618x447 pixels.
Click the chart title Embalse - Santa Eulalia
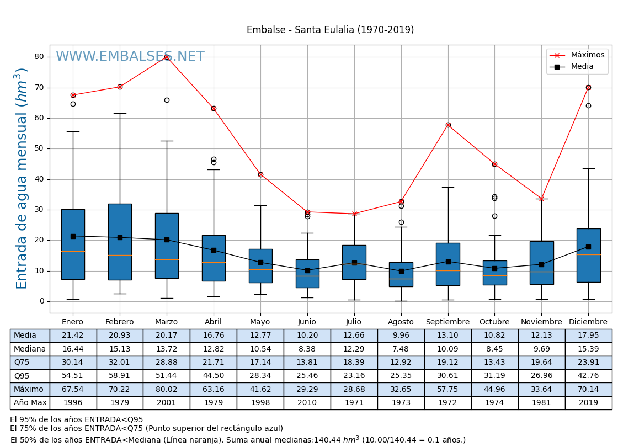coord(330,30)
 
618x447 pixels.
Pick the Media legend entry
coord(582,67)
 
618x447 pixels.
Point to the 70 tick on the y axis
coord(39,87)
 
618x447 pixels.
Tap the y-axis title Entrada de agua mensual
coord(22,178)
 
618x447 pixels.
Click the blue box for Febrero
coord(120,242)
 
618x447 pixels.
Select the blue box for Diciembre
coord(588,255)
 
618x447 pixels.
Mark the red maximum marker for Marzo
coord(167,57)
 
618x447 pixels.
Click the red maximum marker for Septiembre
coord(448,125)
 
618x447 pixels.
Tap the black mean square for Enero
coord(73,236)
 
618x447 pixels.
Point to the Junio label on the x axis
coord(307,322)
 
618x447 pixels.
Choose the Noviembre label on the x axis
coord(541,322)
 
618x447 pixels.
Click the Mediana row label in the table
coord(30,349)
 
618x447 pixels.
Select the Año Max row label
coord(30,403)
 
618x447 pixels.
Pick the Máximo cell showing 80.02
coord(166,389)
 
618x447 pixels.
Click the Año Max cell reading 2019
coord(588,403)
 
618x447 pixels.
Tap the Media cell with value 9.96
coord(401,336)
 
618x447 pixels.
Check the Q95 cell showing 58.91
coord(120,376)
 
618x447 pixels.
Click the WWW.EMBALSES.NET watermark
coord(130,57)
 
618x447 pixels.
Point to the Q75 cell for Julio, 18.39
coord(354,363)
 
